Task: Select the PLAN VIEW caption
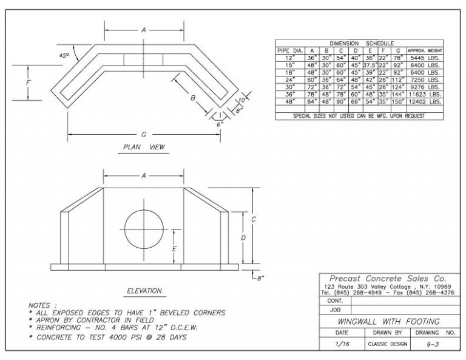(x=144, y=147)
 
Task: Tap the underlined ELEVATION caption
(x=144, y=291)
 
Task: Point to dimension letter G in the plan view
(x=144, y=134)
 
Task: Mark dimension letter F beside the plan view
(x=29, y=88)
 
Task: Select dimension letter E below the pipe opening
(x=175, y=248)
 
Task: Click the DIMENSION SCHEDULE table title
(x=362, y=44)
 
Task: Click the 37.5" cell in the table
(x=370, y=65)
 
